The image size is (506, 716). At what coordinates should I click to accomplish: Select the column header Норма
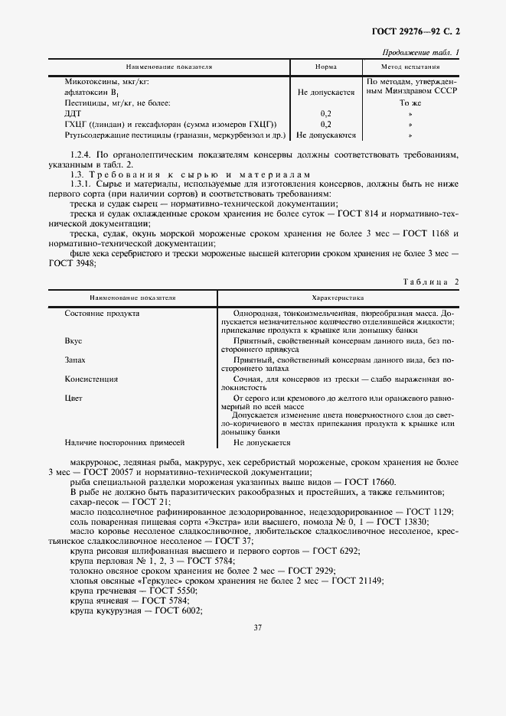click(325, 67)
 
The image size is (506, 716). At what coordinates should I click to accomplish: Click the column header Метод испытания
click(413, 67)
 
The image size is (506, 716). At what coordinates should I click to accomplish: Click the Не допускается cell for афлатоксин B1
click(325, 92)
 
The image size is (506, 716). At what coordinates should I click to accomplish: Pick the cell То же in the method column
click(411, 102)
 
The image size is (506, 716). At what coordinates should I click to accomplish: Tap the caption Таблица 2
click(431, 282)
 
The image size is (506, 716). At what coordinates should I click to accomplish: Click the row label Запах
click(75, 360)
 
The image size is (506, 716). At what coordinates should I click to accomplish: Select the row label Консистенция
click(91, 378)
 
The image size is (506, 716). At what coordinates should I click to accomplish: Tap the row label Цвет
click(73, 398)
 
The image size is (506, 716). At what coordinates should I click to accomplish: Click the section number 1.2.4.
click(82, 155)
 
